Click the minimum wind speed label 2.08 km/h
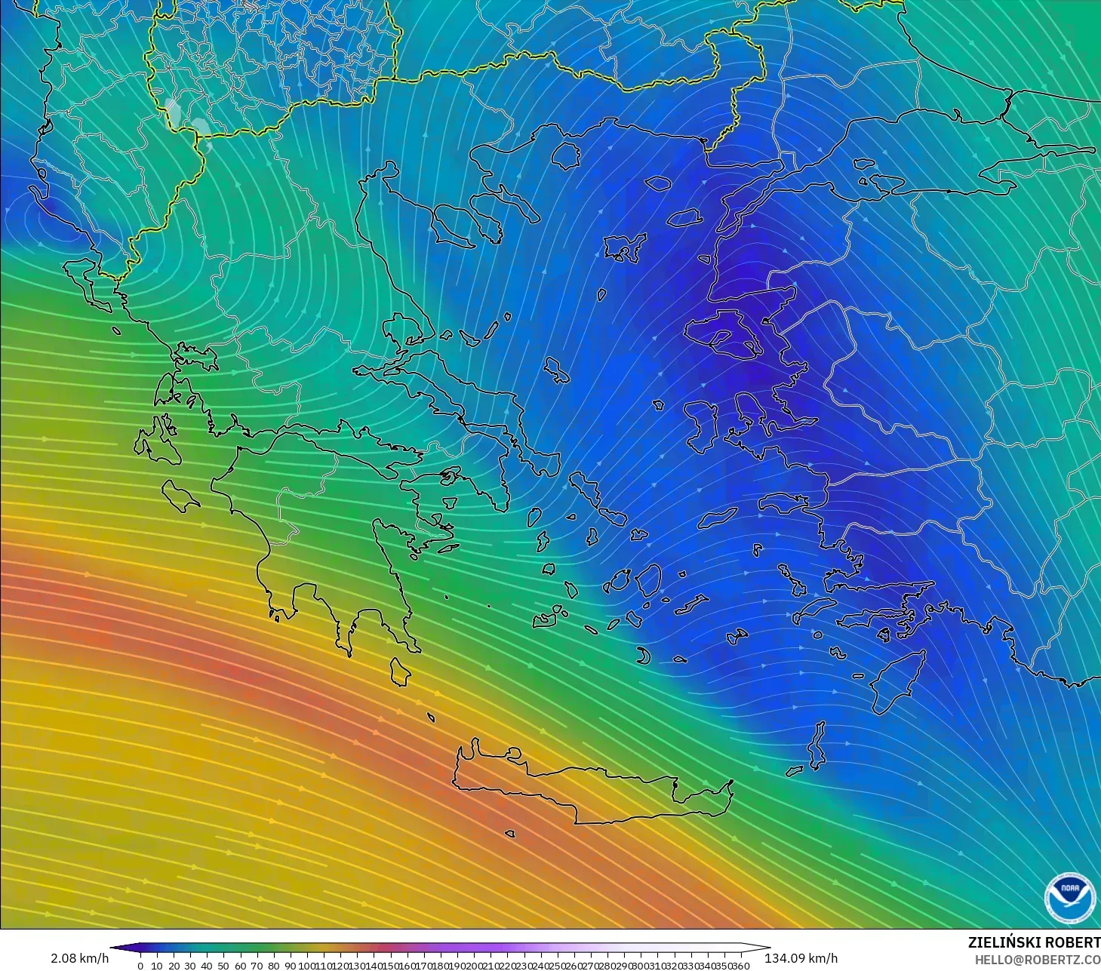79,958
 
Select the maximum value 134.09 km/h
801,958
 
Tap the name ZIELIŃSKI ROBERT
1034,942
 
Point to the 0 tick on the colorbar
140,966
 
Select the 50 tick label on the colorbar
223,966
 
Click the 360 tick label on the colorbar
741,966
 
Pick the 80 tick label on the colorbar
273,966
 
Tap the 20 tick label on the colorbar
174,966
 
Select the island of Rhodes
898,679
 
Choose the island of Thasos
564,155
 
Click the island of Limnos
623,247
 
